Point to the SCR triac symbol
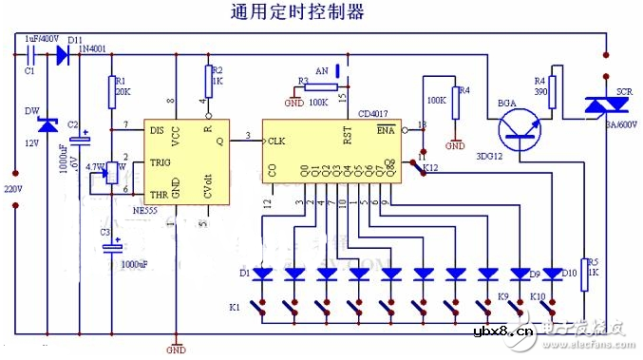click(x=603, y=107)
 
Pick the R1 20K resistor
click(x=113, y=89)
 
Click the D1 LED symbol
click(x=263, y=274)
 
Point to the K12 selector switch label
click(x=431, y=168)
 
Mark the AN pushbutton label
click(x=321, y=70)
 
